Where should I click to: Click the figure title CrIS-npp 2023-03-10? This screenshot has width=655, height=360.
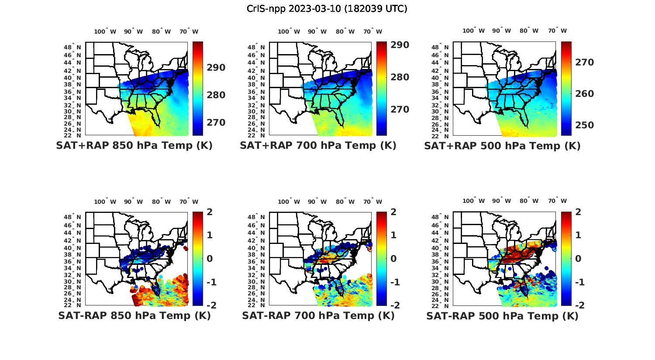pyautogui.click(x=327, y=9)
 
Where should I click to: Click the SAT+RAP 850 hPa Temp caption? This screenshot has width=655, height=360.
pyautogui.click(x=134, y=146)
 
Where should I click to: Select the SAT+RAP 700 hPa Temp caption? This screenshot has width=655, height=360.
pyautogui.click(x=318, y=146)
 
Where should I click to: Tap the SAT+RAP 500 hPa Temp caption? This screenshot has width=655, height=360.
pyautogui.click(x=502, y=146)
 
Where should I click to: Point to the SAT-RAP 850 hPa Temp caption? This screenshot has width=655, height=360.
pyautogui.click(x=134, y=315)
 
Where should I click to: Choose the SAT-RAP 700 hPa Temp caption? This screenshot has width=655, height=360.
pyautogui.click(x=318, y=315)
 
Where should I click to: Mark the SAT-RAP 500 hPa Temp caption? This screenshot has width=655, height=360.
pyautogui.click(x=502, y=316)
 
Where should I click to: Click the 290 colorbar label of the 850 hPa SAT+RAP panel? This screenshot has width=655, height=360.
pyautogui.click(x=216, y=68)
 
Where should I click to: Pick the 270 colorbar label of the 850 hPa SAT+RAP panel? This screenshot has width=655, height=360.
pyautogui.click(x=216, y=123)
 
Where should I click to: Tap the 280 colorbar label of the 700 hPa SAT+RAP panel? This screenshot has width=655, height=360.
pyautogui.click(x=400, y=77)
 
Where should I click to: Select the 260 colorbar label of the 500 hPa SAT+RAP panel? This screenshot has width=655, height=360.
pyautogui.click(x=584, y=94)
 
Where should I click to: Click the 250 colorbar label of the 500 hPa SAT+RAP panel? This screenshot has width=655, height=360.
pyautogui.click(x=584, y=125)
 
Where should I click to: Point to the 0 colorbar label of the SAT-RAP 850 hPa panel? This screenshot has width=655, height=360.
pyautogui.click(x=210, y=258)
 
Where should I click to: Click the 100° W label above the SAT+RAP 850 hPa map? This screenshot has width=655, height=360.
pyautogui.click(x=105, y=31)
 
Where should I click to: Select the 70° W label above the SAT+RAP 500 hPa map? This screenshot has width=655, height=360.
pyautogui.click(x=558, y=31)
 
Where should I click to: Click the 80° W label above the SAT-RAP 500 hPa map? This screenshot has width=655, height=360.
pyautogui.click(x=528, y=201)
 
